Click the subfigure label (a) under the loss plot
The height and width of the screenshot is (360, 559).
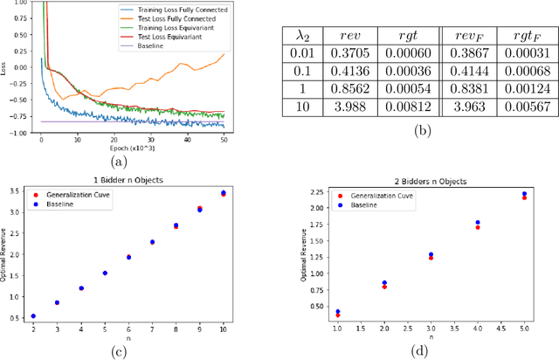coord(120,162)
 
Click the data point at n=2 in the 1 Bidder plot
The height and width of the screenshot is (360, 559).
coord(33,316)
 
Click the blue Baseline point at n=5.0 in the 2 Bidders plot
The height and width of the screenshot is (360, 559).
coord(523,194)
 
